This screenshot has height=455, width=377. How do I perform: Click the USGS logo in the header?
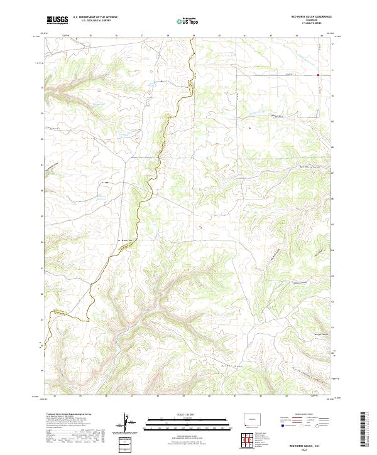(57, 20)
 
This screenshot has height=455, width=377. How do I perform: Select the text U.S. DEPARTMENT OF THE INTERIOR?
(95, 18)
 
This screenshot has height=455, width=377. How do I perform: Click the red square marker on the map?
(319, 75)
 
